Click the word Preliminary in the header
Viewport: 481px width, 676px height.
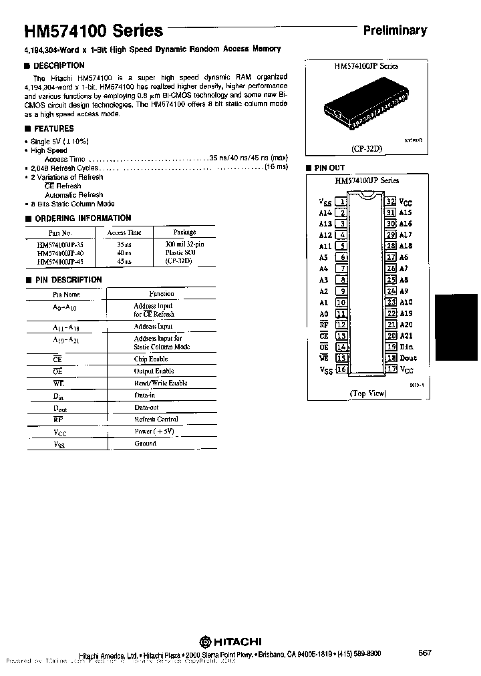click(394, 30)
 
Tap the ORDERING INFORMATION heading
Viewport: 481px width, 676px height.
click(82, 218)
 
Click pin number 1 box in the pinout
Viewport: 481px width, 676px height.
click(341, 201)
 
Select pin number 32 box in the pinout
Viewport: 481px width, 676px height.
click(391, 201)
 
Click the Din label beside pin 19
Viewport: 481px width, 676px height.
click(407, 347)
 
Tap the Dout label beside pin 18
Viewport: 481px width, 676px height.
click(409, 358)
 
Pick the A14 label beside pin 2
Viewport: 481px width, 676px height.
click(325, 212)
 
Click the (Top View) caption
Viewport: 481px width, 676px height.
click(367, 394)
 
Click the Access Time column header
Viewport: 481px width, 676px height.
click(125, 232)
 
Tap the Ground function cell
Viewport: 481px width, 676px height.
click(145, 444)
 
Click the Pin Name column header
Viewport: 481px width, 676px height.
click(66, 294)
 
